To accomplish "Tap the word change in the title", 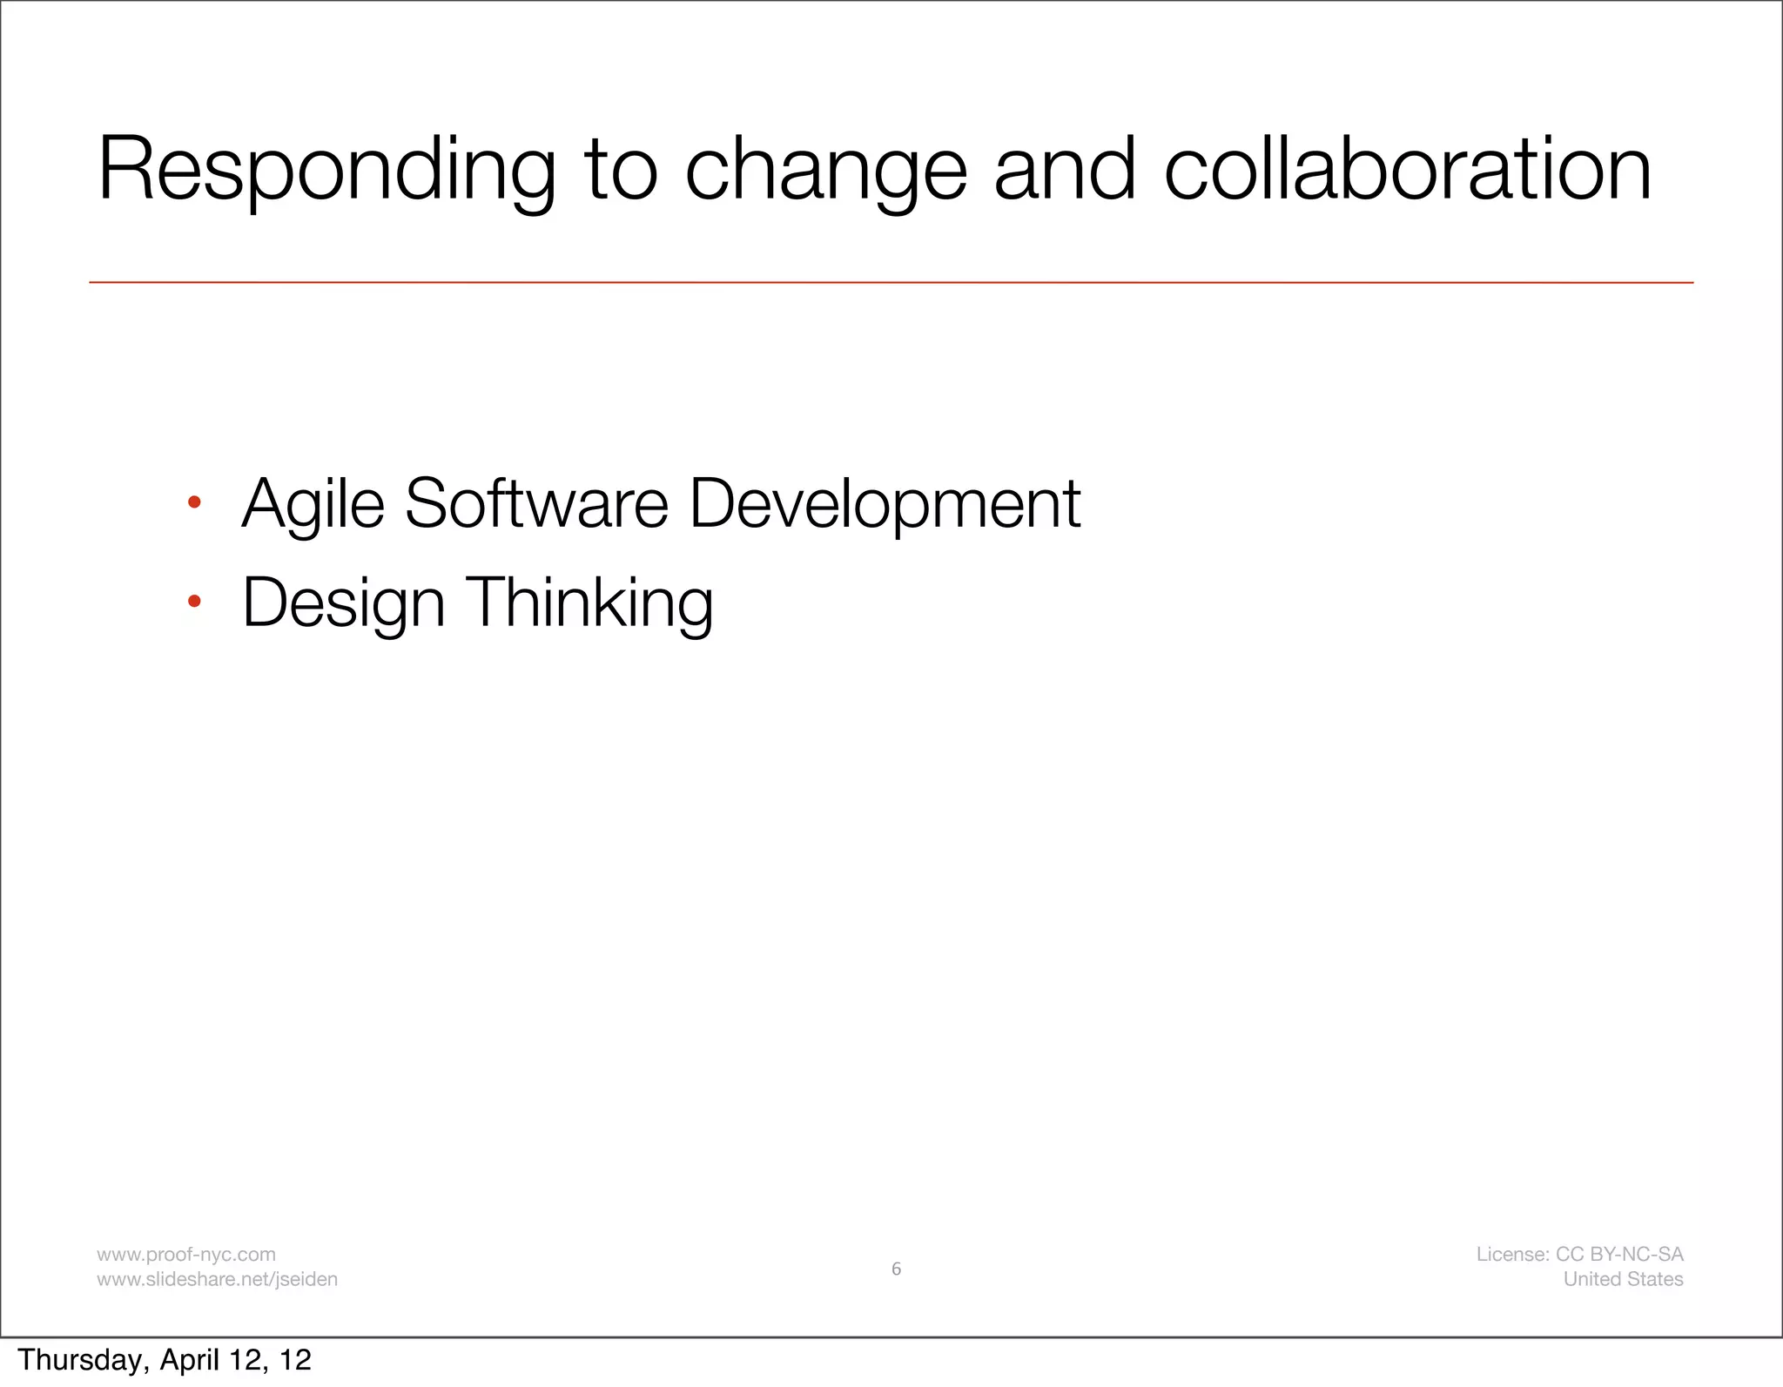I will point(825,170).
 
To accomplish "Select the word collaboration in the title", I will point(1407,170).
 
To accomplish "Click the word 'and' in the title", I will point(1064,170).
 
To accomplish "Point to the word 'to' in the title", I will point(620,170).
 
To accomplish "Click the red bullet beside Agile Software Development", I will point(194,502).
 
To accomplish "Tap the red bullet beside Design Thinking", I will point(194,601).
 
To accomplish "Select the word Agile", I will point(313,504).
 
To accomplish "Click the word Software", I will point(535,504).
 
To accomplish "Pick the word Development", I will point(885,504).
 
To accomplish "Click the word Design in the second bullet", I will point(343,603).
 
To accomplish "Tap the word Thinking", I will point(591,603).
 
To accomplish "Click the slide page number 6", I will point(896,1269).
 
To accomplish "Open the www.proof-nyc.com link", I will point(185,1255).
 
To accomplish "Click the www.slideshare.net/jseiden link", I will point(217,1279).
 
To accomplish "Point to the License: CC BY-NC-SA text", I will point(1579,1255).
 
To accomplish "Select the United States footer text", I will point(1623,1279).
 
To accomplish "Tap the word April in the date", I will point(190,1360).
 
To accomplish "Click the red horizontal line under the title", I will point(891,282).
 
